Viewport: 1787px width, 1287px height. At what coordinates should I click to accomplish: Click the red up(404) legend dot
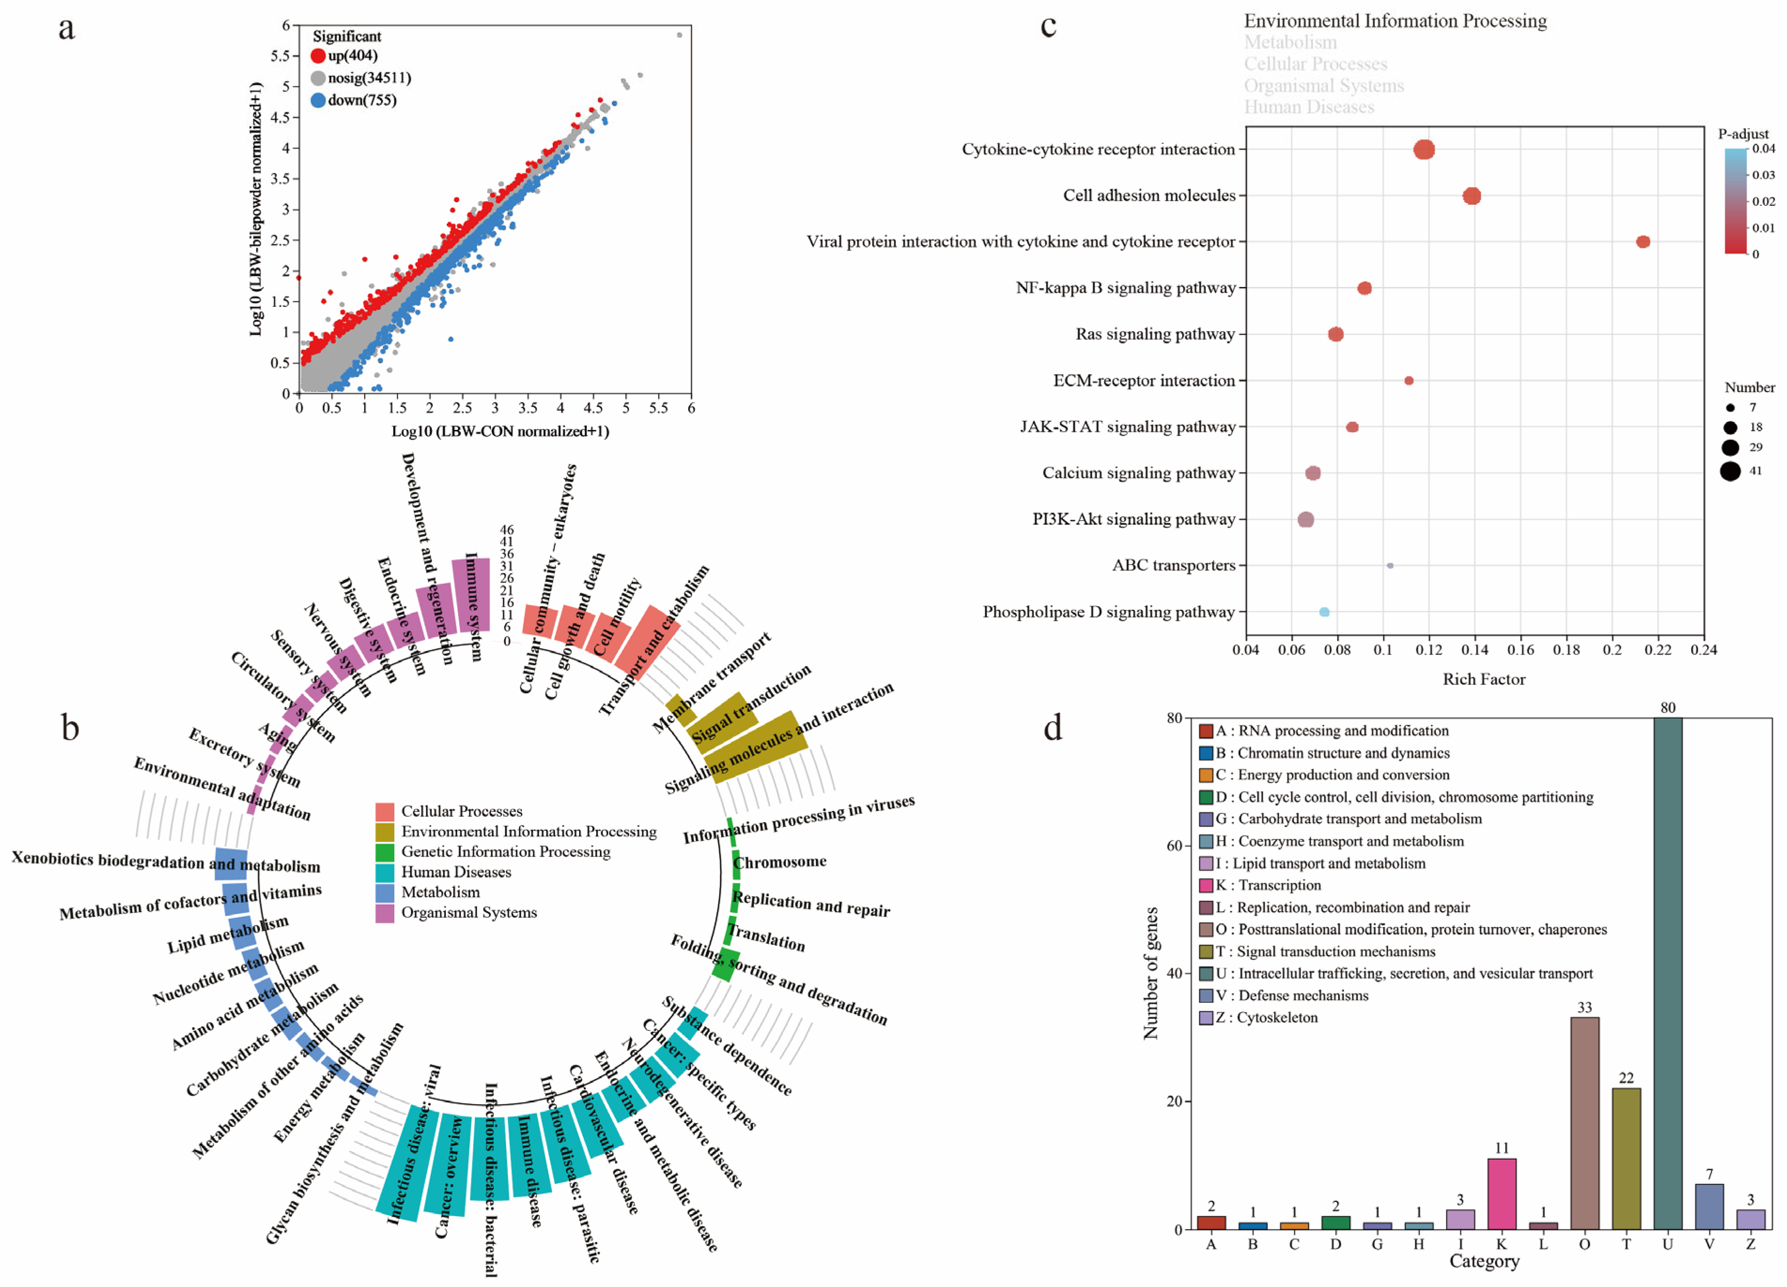(x=319, y=56)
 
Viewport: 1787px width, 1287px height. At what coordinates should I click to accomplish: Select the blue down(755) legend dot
(x=319, y=100)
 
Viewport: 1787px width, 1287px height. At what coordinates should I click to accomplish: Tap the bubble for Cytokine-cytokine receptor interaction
(x=1424, y=150)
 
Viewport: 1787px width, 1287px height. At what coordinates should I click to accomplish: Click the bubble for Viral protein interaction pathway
(x=1643, y=242)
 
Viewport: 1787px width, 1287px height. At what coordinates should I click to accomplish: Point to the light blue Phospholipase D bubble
(x=1324, y=612)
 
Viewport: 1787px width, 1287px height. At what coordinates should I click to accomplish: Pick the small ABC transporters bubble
(x=1390, y=566)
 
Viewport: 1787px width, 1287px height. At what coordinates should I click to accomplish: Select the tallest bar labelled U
(x=1667, y=973)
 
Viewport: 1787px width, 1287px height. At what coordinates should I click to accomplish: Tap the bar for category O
(x=1585, y=1123)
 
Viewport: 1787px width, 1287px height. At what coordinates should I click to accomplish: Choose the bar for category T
(x=1626, y=1159)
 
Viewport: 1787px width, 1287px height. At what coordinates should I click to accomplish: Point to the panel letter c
(x=1048, y=26)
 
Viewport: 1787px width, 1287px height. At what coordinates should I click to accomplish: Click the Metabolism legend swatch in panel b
(x=384, y=893)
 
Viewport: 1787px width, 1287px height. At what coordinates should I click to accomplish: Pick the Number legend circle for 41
(x=1730, y=471)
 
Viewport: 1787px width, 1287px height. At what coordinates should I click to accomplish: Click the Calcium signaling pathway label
(x=1139, y=473)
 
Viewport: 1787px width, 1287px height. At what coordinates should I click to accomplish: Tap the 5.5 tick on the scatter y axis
(x=280, y=56)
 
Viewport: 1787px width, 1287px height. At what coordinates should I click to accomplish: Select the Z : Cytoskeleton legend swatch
(x=1205, y=1017)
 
